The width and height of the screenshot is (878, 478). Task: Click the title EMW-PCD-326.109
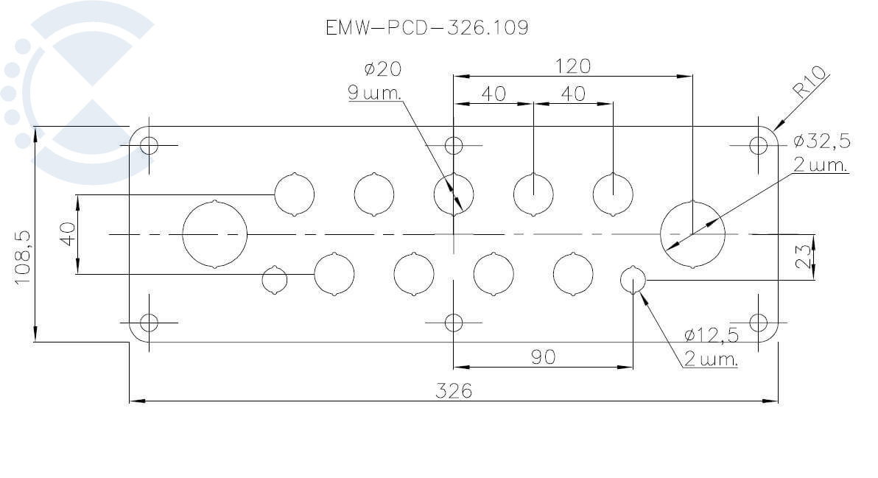click(426, 28)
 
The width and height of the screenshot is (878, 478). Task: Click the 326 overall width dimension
click(453, 390)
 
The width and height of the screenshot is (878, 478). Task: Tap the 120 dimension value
click(572, 66)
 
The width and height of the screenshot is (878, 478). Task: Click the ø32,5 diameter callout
click(821, 141)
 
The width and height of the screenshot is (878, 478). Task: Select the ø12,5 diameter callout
click(711, 336)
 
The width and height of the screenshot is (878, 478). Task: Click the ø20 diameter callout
click(382, 69)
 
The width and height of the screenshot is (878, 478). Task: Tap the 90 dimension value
click(543, 357)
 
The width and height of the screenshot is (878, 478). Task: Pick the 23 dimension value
click(804, 256)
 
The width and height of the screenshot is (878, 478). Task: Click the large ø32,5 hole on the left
click(214, 234)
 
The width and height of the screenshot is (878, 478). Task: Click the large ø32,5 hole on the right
click(692, 234)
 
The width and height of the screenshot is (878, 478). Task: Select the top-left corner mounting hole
click(150, 145)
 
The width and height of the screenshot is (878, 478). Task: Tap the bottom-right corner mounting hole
click(758, 323)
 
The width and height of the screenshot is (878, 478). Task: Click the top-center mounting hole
click(454, 145)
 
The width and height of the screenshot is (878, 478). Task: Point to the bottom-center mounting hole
click(454, 323)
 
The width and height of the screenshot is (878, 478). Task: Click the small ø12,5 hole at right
click(633, 280)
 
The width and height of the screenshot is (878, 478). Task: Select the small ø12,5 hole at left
click(275, 280)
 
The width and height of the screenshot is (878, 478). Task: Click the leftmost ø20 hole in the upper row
click(294, 194)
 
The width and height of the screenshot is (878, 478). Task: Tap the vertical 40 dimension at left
click(69, 234)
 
